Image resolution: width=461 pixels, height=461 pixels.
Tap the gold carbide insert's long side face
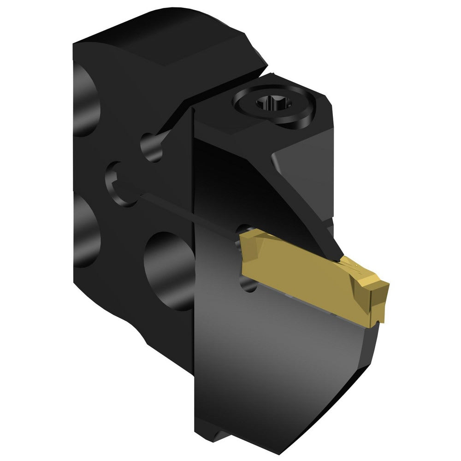click(x=295, y=272)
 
